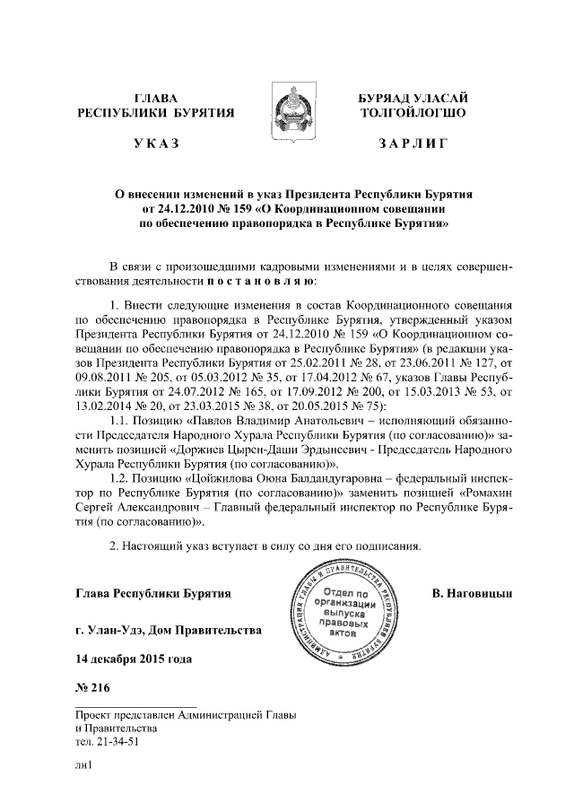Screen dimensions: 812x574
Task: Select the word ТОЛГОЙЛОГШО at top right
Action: [x=412, y=113]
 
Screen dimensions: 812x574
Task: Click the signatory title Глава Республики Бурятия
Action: [x=153, y=594]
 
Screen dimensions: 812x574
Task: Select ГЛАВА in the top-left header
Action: [x=156, y=97]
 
